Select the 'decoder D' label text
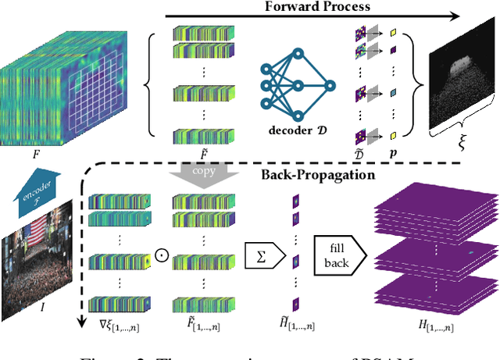click(x=295, y=129)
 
